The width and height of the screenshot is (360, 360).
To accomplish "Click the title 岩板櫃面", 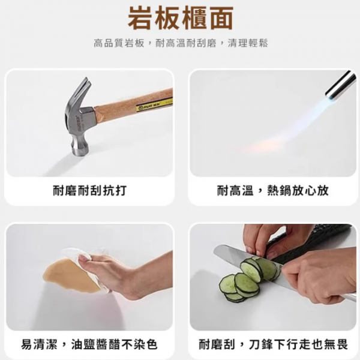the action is (x=181, y=17).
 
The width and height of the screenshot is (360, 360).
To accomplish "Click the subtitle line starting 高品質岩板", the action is (x=181, y=43).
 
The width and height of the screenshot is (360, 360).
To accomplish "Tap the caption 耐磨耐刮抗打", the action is (x=89, y=191).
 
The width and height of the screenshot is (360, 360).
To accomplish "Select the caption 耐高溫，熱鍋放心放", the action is (x=273, y=191).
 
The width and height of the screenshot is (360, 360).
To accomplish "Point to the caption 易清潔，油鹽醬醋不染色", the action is (x=89, y=344).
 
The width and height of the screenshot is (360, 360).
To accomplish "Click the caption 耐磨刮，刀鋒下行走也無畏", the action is (x=273, y=344).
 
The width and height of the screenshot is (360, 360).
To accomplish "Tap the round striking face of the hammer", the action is (x=80, y=151).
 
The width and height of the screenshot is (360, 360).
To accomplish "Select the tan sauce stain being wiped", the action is (x=69, y=275).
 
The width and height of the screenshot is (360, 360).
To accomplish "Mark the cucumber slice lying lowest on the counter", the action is (x=234, y=298).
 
